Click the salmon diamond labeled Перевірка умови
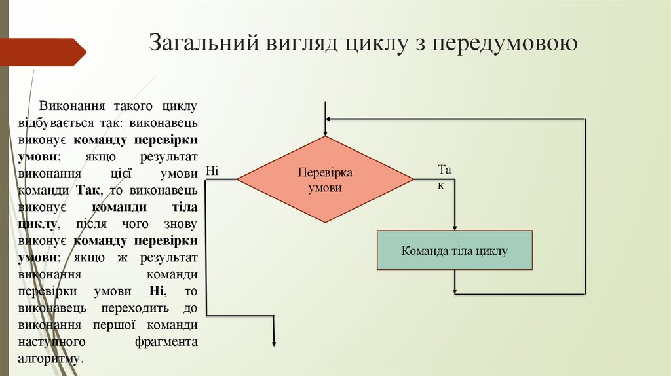pyautogui.click(x=325, y=179)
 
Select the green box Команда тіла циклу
pyautogui.click(x=454, y=250)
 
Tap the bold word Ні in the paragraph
pyautogui.click(x=156, y=291)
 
